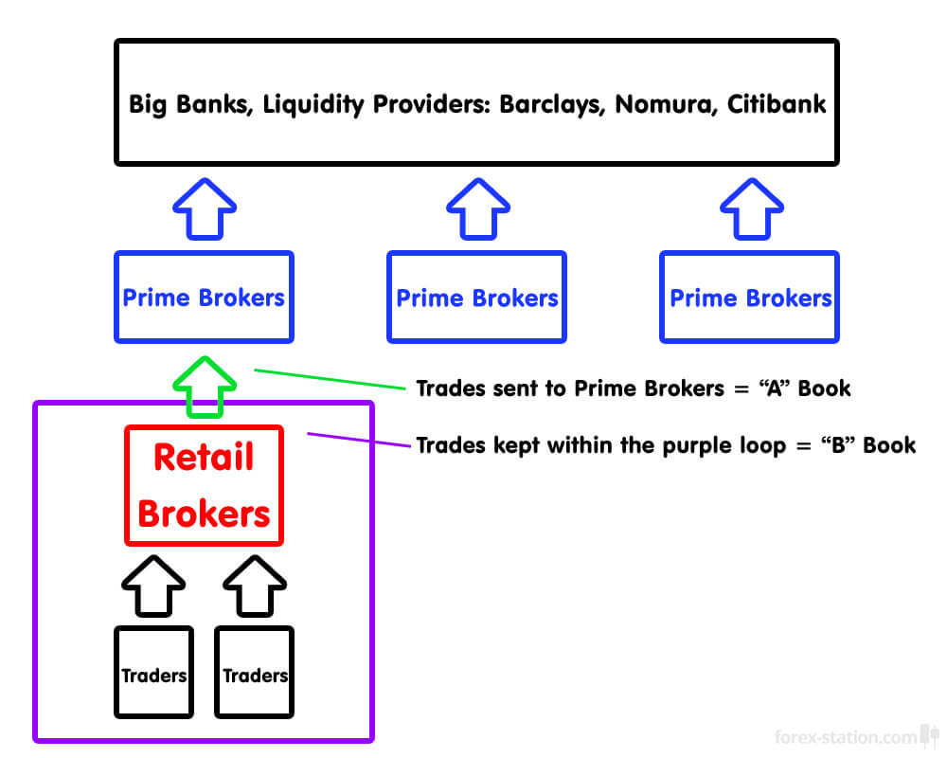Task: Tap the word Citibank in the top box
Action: (777, 103)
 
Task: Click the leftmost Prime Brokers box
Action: (204, 298)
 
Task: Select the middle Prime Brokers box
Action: (476, 298)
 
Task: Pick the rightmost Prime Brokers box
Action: (750, 298)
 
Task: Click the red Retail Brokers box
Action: (204, 486)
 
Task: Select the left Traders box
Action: (153, 672)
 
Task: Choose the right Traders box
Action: (255, 672)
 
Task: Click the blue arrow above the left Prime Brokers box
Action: (205, 208)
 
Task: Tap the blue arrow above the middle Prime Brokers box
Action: (476, 208)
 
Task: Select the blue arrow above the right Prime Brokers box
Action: (751, 208)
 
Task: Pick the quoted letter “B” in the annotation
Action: (836, 444)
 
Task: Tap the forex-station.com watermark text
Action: (846, 737)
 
